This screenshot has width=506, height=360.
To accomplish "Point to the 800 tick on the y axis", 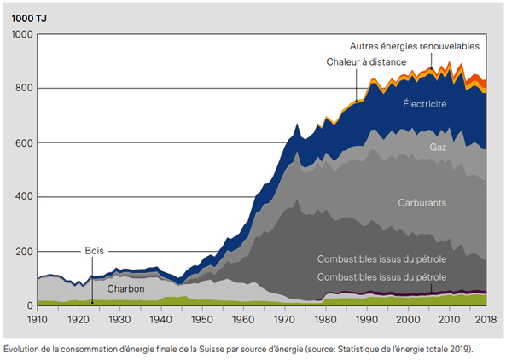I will coord(23,89).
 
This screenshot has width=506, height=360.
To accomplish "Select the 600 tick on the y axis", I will coord(23,142).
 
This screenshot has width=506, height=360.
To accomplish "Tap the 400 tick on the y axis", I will coord(23,197).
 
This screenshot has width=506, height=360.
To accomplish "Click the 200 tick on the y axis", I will coord(23,252).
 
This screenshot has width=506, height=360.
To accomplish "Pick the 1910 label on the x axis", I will coord(38,318).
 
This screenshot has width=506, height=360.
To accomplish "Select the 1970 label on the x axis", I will coord(284,318).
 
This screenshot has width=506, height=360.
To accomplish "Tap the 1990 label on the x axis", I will coord(366,318).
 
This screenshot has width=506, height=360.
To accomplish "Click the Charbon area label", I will coord(126,289).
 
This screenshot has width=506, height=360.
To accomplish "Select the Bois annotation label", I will coord(94,252).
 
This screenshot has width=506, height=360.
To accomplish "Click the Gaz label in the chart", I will coord(439,148).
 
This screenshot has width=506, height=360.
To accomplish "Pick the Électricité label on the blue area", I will coord(425,104).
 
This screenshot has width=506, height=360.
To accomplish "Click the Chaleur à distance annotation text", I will coord(365,62).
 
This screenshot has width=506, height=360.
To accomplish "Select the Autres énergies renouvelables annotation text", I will coord(415,45).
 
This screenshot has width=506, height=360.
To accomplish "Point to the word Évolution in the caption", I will coord(23,349).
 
